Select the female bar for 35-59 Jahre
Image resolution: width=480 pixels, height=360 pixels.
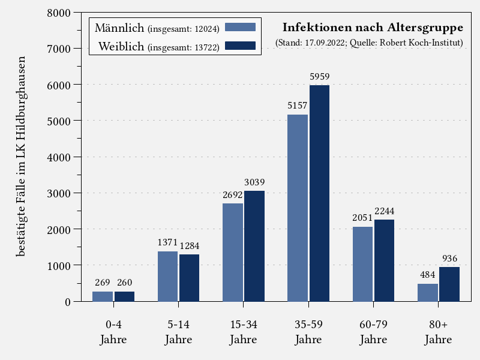point(319,193)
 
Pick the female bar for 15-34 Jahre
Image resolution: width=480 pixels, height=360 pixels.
point(254,246)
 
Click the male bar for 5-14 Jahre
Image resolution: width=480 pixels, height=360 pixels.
point(167,276)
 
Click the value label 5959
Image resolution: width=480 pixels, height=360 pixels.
point(319,77)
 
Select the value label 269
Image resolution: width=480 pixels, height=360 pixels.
point(103,283)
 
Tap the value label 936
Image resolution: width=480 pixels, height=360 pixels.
point(449,259)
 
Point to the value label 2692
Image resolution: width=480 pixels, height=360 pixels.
point(233,194)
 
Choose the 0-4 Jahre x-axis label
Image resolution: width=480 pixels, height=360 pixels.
point(113,332)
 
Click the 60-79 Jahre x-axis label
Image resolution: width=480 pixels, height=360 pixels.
point(373,332)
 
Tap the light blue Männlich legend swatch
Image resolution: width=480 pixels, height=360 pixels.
point(240,27)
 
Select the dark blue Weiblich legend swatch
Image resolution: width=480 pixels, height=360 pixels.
point(240,46)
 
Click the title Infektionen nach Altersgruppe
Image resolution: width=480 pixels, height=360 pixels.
point(373,28)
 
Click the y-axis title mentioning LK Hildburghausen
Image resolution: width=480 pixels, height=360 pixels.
point(21,157)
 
